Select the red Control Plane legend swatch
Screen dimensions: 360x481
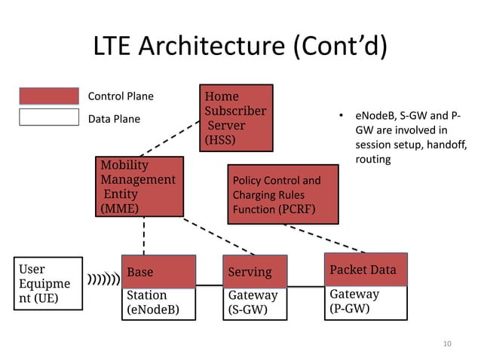click(x=49, y=96)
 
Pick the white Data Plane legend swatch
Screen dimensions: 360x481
click(x=49, y=117)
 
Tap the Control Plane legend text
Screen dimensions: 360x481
click(x=121, y=96)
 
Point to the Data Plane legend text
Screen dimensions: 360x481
click(x=115, y=118)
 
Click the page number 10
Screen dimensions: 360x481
click(x=446, y=344)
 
